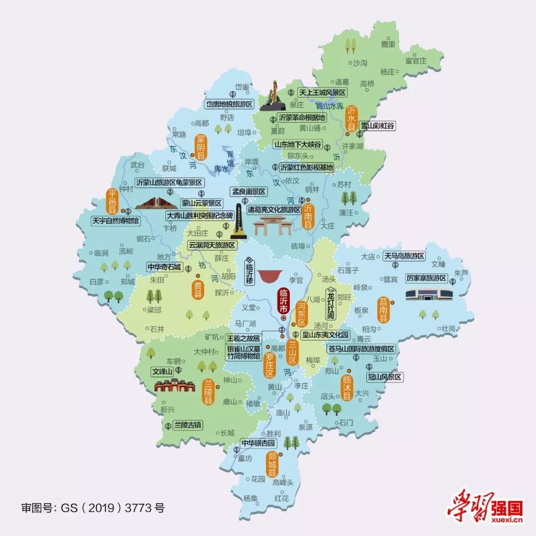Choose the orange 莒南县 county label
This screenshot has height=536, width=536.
pos(383,310)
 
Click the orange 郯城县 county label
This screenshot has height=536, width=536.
pos(272,464)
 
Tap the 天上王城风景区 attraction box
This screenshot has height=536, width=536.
pos(322,92)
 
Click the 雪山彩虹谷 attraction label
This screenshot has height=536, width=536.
pos(378,126)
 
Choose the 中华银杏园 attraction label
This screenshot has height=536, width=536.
pos(258,443)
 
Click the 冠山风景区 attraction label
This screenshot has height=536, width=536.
pos(385,377)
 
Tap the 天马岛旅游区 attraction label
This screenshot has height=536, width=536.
pos(404,256)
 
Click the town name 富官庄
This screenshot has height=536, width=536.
pos(415,61)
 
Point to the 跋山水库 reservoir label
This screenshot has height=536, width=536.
pos(330,105)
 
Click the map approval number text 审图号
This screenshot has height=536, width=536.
pos(92,508)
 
